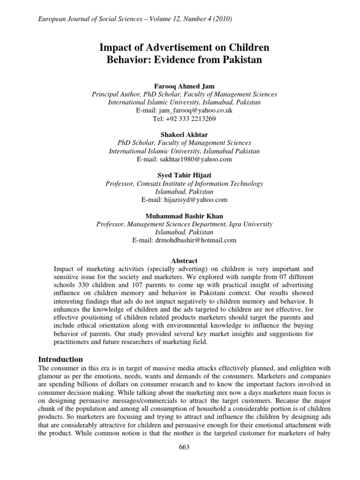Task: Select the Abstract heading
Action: [184, 261]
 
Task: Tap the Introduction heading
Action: [60, 359]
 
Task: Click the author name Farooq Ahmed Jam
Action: [184, 86]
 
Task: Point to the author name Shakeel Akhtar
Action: [184, 135]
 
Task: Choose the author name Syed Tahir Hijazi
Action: [184, 175]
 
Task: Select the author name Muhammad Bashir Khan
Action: [184, 216]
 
